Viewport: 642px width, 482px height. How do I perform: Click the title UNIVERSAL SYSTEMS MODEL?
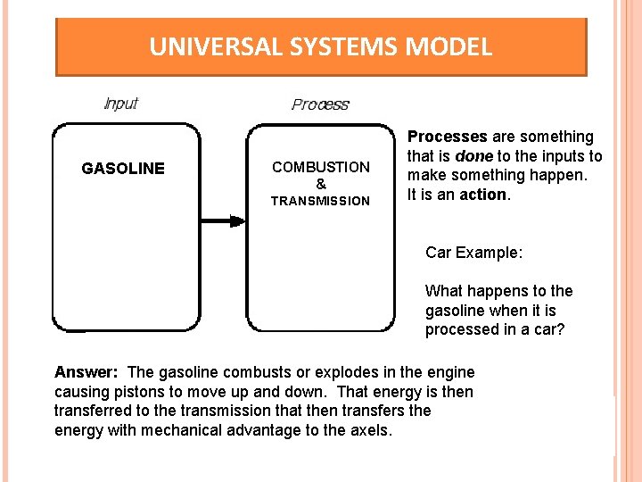(320, 46)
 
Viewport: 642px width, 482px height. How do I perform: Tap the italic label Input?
(121, 104)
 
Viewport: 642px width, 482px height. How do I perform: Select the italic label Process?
(320, 104)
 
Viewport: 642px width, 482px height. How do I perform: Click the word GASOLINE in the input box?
(123, 169)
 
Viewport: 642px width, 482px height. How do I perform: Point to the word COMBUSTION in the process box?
(321, 167)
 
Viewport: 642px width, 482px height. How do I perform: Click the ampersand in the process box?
(321, 184)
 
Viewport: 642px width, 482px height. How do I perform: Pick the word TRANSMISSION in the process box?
(321, 201)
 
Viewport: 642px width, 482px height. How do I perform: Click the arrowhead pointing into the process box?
(236, 220)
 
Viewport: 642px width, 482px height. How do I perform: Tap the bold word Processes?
(448, 137)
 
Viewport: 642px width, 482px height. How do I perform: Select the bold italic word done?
(474, 156)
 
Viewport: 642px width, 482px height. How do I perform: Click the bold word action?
(482, 195)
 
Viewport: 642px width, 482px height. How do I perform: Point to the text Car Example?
(473, 253)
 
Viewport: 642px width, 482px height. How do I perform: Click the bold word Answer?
(86, 372)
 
